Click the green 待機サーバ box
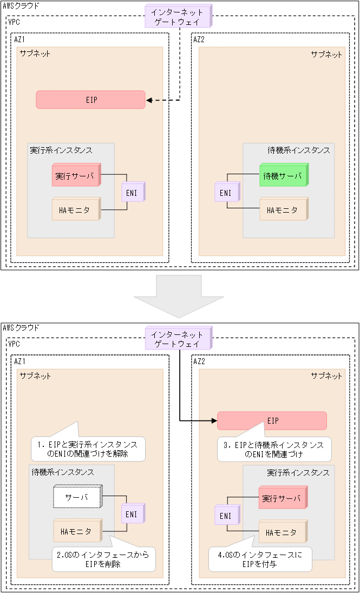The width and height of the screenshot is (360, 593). click(x=283, y=175)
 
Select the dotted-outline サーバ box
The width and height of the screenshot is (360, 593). click(x=78, y=497)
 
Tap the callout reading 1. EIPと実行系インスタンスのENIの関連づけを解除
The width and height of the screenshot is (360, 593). click(x=88, y=449)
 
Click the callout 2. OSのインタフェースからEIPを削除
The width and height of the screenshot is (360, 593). click(x=103, y=559)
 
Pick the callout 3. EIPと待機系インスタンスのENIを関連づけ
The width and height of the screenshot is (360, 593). click(x=273, y=449)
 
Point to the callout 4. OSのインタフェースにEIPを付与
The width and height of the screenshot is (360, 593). click(x=260, y=559)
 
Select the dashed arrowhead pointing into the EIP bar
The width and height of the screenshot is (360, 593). click(x=150, y=100)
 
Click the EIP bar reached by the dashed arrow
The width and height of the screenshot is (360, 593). click(x=91, y=100)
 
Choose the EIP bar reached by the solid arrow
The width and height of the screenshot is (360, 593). click(x=272, y=420)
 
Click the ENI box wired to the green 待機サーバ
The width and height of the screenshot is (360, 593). click(x=225, y=192)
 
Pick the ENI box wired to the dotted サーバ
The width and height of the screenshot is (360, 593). click(x=132, y=514)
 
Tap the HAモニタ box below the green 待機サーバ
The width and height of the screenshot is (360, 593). click(x=283, y=209)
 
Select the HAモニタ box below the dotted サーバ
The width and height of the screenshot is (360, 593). click(x=78, y=531)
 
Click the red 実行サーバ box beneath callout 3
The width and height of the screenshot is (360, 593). click(x=282, y=498)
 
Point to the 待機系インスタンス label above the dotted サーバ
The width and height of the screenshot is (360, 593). click(x=62, y=472)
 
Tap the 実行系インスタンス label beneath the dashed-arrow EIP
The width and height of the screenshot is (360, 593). click(x=61, y=150)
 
